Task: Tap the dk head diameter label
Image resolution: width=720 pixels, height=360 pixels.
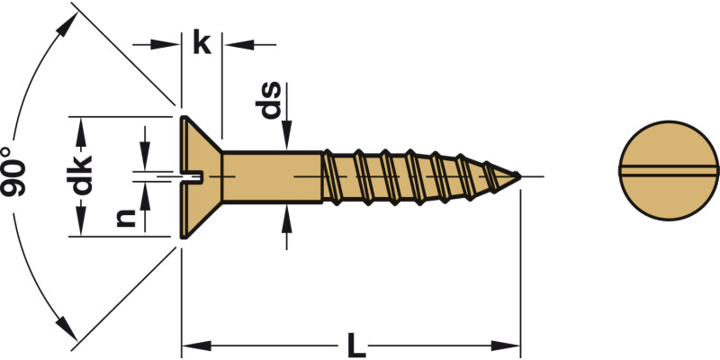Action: [x=82, y=176]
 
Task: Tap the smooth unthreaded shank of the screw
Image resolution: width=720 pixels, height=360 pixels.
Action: [x=270, y=176]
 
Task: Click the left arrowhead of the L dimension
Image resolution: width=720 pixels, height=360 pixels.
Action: [x=192, y=345]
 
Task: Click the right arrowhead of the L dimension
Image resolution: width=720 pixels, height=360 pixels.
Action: [x=511, y=345]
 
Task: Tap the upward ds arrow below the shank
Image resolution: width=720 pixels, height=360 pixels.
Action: [x=286, y=215]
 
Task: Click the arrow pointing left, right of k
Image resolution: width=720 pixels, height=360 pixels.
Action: [x=231, y=42]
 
